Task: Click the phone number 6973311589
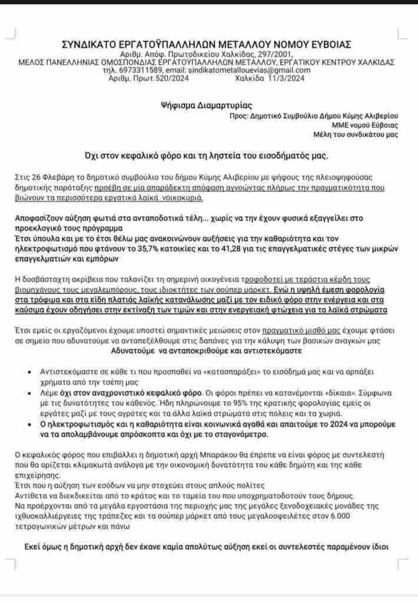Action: [x=141, y=70]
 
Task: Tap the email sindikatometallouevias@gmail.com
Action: [x=243, y=70]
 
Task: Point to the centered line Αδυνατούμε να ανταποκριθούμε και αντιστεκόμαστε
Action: [x=207, y=350]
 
